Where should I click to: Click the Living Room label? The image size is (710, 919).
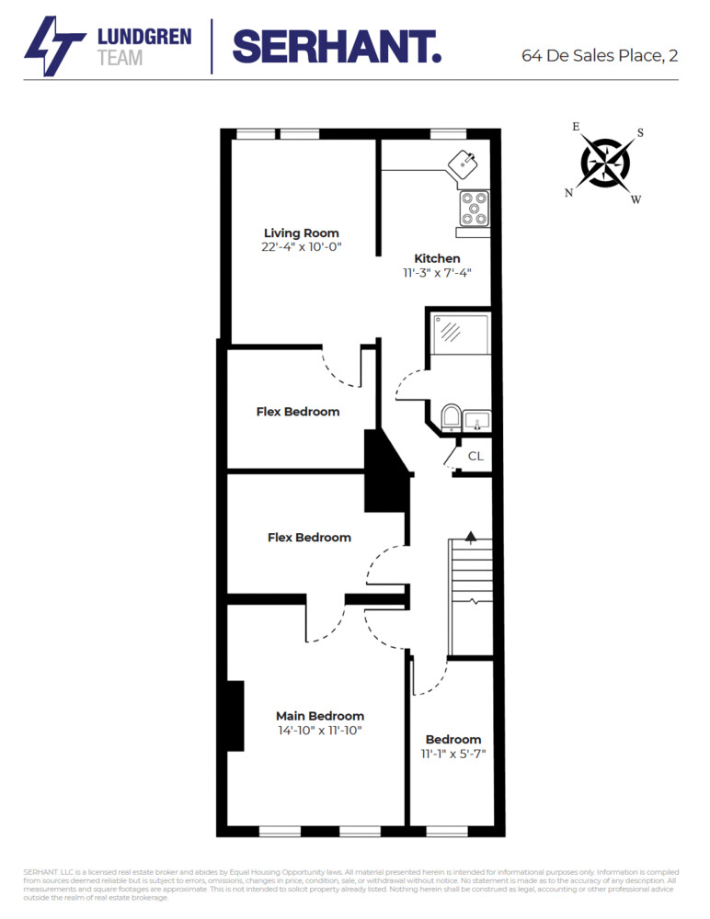[301, 233]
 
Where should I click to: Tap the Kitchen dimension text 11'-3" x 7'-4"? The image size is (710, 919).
[437, 272]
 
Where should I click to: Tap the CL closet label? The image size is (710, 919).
[475, 456]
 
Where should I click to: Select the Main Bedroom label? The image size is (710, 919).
[320, 716]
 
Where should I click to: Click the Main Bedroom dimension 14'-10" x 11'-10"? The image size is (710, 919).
[320, 731]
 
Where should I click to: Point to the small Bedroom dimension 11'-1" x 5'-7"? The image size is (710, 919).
[453, 754]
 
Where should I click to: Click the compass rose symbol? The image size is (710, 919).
[605, 163]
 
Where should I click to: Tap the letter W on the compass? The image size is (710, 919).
[636, 199]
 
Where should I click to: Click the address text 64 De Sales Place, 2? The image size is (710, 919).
[600, 55]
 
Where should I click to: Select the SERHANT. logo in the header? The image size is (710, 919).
[337, 46]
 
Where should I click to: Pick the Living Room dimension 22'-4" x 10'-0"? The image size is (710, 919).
[302, 247]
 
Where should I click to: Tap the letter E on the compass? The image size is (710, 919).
[577, 127]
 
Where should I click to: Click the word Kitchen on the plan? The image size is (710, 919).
[437, 258]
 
